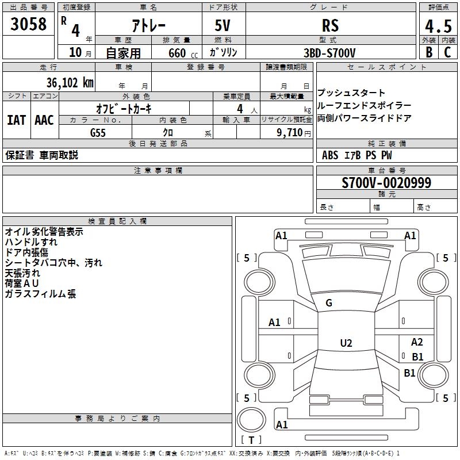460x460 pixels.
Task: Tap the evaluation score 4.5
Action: (x=438, y=26)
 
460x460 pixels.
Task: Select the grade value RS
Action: (x=330, y=26)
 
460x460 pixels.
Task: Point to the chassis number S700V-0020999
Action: (x=386, y=183)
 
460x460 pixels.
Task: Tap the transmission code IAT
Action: (x=16, y=120)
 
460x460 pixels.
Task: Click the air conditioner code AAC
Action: (x=44, y=120)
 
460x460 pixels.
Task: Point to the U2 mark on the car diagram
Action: (x=346, y=343)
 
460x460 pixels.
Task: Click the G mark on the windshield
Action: (x=329, y=303)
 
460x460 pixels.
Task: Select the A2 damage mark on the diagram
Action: (x=417, y=342)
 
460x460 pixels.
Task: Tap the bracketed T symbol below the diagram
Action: (x=251, y=440)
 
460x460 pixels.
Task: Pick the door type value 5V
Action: (x=223, y=26)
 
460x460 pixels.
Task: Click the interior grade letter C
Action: (x=447, y=52)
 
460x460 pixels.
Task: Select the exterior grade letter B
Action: (x=428, y=52)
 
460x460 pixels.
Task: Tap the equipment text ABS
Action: (x=330, y=155)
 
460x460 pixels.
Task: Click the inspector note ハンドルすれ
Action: (x=31, y=242)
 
